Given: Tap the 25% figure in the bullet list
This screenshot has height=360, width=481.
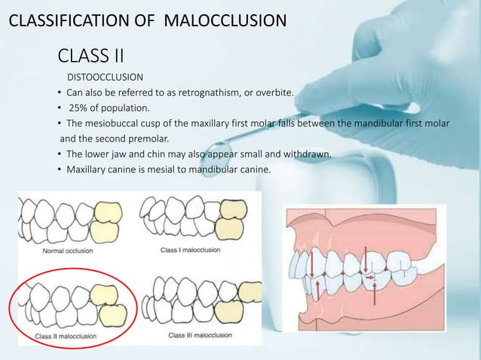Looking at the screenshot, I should pos(81,108).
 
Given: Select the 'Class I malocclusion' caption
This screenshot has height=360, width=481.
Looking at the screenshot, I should pos(190,249).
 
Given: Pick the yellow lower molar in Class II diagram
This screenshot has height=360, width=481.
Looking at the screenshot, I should pos(112,311).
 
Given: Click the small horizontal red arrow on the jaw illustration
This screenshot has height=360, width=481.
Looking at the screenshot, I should pos(369,278).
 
